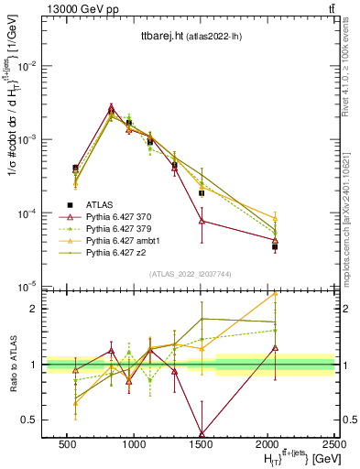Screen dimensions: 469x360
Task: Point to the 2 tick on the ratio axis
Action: (x=35, y=309)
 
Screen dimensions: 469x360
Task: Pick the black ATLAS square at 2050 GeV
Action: (x=275, y=246)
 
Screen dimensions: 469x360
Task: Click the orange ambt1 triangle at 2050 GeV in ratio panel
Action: (x=275, y=294)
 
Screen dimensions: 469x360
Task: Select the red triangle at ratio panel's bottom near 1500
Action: (x=202, y=434)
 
